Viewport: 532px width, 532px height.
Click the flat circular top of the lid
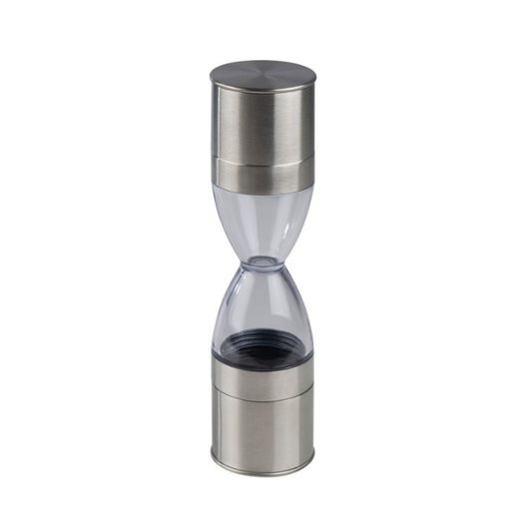[x=263, y=73]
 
